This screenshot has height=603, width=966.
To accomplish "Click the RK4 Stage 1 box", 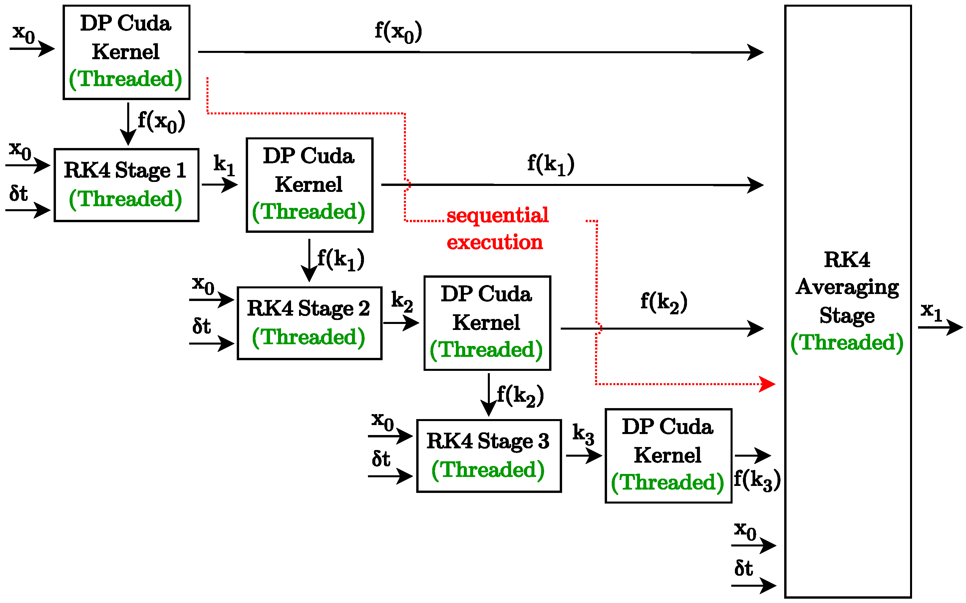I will (x=126, y=185).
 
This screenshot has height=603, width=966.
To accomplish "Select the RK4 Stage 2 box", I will (x=309, y=323).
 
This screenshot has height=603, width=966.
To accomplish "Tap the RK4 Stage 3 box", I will (x=488, y=456).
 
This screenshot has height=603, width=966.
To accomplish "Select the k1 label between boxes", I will (x=224, y=164).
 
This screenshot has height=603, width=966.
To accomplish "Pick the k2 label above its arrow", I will (x=402, y=301).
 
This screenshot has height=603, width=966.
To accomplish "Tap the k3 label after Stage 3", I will (x=583, y=434).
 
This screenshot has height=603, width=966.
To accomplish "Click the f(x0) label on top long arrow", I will (x=398, y=32).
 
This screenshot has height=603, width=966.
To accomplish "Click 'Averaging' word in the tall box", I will (x=847, y=287).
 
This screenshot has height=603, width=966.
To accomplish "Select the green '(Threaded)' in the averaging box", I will (x=847, y=342).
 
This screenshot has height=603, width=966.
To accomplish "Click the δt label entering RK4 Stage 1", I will (x=19, y=194).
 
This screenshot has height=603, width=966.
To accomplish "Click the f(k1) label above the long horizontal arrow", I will (x=550, y=164).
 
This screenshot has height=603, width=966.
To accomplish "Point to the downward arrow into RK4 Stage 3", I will (x=488, y=395).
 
